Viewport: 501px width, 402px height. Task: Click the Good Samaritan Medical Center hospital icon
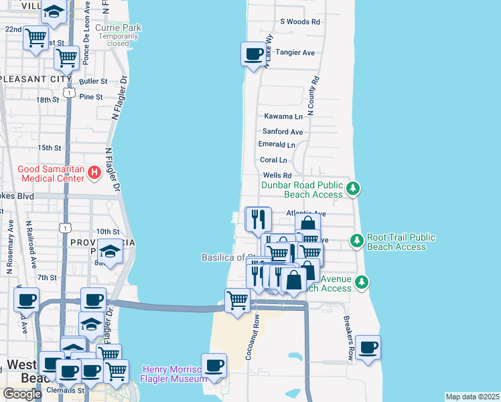[x=94, y=173]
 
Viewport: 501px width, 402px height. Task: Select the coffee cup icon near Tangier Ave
[x=253, y=54]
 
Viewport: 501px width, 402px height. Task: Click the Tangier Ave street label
[x=295, y=52]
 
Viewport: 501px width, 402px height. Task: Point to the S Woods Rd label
[x=300, y=22]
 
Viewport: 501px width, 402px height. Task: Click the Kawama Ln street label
[x=283, y=116]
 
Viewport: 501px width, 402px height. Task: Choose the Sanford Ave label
[x=282, y=132]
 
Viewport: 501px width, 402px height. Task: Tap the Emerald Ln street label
[x=277, y=145]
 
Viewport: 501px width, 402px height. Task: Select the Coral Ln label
[x=273, y=160]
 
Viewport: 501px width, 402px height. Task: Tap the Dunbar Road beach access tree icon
[x=354, y=190]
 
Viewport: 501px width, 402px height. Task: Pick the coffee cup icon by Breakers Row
[x=368, y=348]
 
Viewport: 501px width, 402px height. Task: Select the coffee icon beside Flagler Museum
[x=214, y=365]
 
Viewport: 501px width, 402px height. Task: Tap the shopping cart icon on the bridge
[x=237, y=300]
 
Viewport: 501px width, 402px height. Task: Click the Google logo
[x=22, y=394]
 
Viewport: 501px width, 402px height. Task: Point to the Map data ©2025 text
[x=472, y=397]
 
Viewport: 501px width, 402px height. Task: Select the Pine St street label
[x=91, y=96]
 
